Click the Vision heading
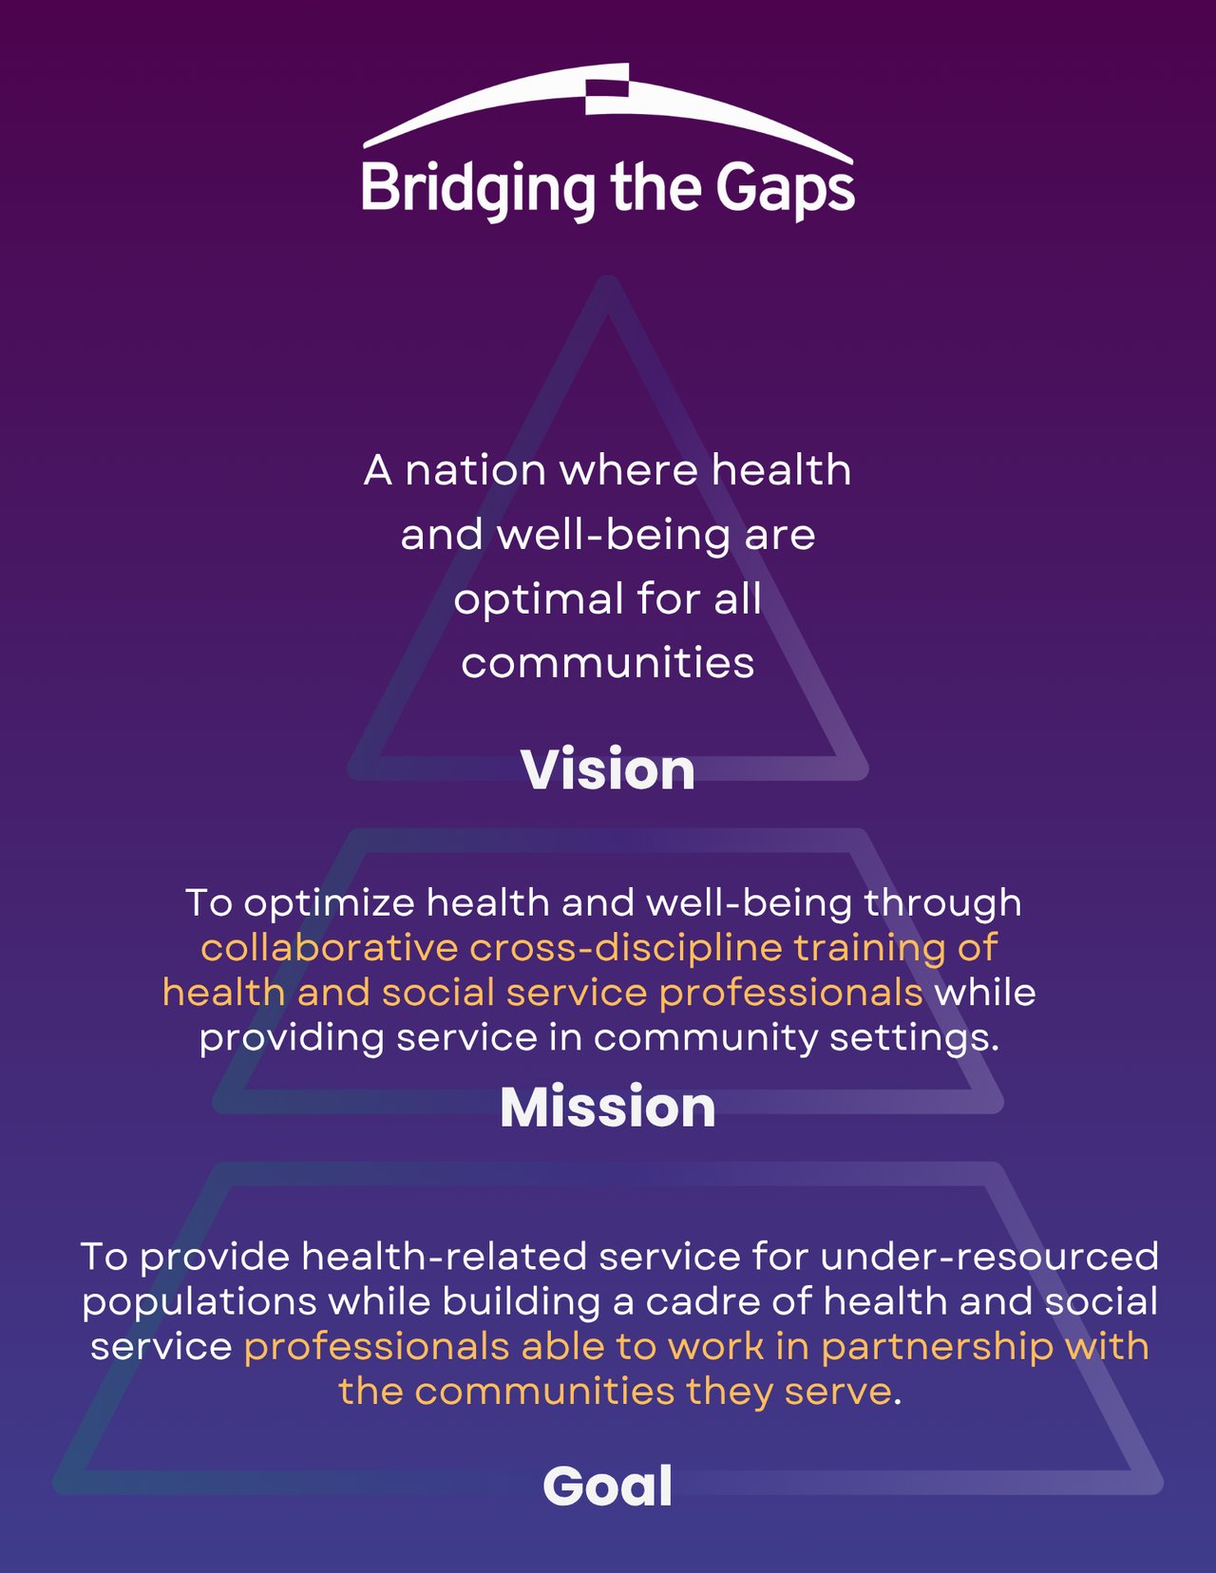coord(607,768)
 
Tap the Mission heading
coord(607,1107)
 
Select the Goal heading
coord(607,1486)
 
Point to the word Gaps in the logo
coord(786,190)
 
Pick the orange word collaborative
coord(330,948)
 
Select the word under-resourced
coord(990,1257)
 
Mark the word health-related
coord(444,1257)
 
